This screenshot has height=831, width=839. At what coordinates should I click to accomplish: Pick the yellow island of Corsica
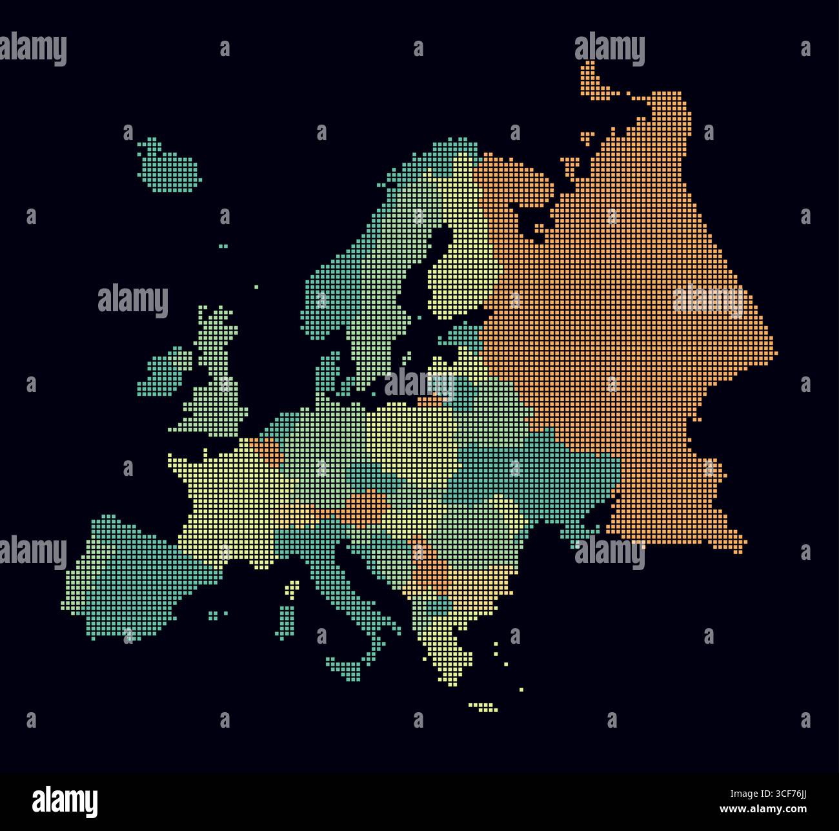pos(294,588)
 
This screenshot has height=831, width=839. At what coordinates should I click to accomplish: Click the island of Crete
pos(483,708)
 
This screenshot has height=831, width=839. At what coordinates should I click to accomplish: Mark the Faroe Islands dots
pos(223,246)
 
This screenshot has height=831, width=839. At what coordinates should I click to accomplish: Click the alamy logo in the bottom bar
pos(65,801)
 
